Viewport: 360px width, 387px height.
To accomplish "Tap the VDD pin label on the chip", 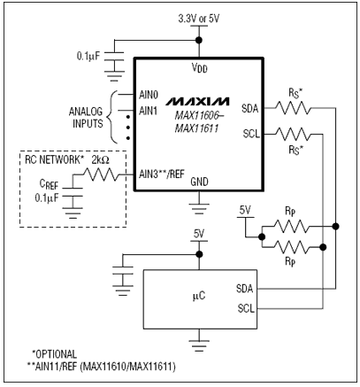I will (199, 69).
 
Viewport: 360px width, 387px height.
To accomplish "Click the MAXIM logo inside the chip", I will (199, 92).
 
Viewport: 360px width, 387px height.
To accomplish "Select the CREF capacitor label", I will (49, 184).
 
